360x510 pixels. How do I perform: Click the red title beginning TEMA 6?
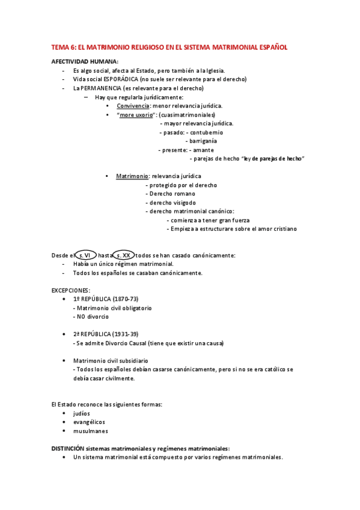[169, 46]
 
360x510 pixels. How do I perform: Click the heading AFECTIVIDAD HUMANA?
[85, 62]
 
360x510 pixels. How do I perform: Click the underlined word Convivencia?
[133, 106]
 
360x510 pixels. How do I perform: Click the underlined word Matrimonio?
[132, 176]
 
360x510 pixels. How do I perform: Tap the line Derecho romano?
[170, 194]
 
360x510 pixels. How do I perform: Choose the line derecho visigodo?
[170, 203]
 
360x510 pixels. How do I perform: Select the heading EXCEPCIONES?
[70, 290]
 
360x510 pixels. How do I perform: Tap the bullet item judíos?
[81, 413]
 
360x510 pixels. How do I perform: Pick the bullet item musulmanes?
[88, 431]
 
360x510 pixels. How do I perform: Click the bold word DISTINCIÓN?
[67, 448]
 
